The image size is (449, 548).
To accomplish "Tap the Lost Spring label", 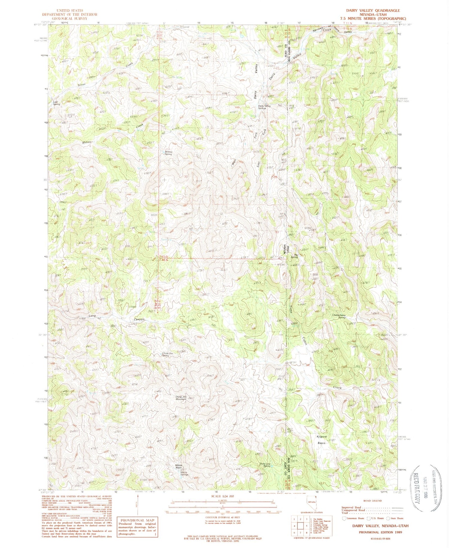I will click(x=57, y=103).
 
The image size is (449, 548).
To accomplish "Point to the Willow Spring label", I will click(x=169, y=153).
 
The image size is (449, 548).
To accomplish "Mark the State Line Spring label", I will click(x=265, y=465).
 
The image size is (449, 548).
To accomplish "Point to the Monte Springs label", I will click(x=183, y=474).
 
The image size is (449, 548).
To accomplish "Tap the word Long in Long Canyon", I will click(x=92, y=316).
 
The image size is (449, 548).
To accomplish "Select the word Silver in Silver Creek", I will click(x=82, y=85).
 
